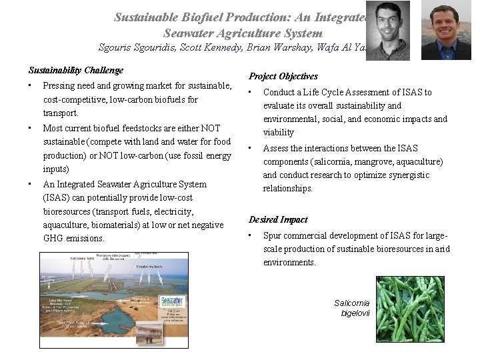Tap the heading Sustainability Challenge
point(75,70)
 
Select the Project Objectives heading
point(283,77)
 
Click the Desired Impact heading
point(278,219)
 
